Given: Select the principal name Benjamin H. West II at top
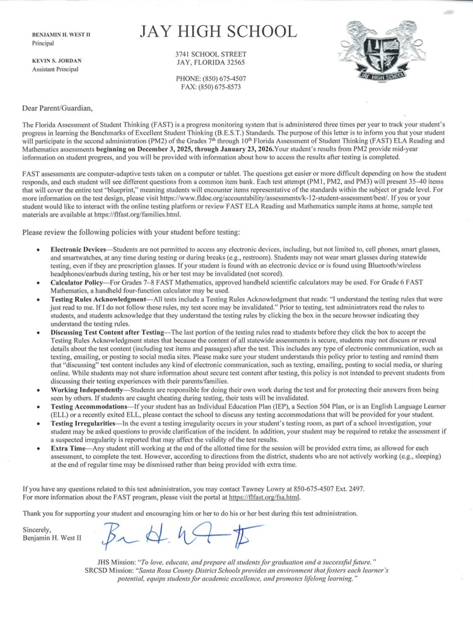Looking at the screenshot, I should pos(61,34).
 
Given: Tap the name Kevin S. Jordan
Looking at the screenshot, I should pos(57,60).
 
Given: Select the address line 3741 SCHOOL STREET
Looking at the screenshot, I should pos(211,54).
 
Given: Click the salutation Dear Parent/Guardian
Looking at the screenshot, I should pos(57,108).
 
